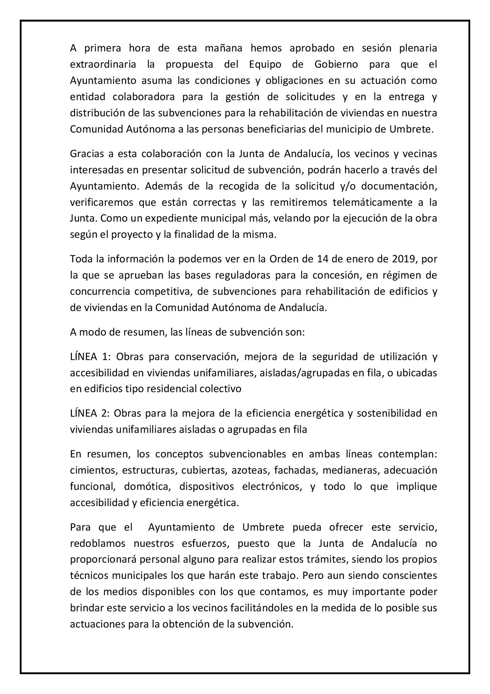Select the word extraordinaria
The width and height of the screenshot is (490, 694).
point(103,64)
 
